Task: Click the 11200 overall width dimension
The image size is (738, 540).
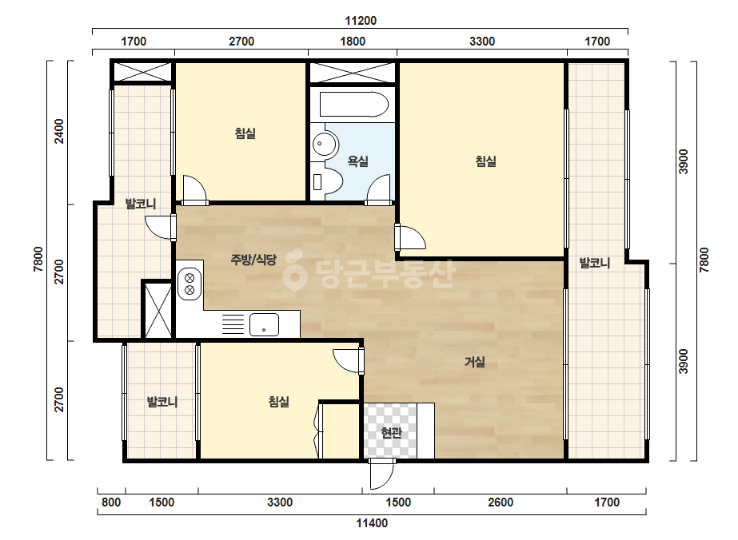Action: (x=361, y=21)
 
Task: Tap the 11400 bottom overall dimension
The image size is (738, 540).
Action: (x=372, y=523)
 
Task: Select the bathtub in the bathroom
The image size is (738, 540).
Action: (x=354, y=104)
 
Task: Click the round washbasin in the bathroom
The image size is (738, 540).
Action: (x=325, y=143)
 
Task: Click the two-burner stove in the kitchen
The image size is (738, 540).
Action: (x=189, y=283)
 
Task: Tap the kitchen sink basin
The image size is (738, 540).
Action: (x=264, y=324)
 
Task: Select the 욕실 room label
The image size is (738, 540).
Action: (x=357, y=161)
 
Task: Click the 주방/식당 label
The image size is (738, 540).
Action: (x=253, y=259)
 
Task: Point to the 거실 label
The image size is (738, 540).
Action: (x=475, y=362)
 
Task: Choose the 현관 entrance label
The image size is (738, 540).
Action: (x=391, y=432)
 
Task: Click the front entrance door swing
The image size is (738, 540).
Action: (x=381, y=474)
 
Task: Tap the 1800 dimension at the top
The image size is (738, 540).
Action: (x=353, y=42)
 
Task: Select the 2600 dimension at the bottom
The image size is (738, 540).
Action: (x=501, y=502)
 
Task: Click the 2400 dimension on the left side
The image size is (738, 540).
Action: (x=59, y=131)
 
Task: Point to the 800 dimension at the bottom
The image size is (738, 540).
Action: (x=111, y=502)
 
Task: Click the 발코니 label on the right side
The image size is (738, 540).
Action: (x=594, y=263)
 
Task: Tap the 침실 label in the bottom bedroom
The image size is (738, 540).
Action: (x=278, y=401)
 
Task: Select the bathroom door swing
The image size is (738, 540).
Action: (x=378, y=190)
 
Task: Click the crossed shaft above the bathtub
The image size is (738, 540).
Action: (x=353, y=73)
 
